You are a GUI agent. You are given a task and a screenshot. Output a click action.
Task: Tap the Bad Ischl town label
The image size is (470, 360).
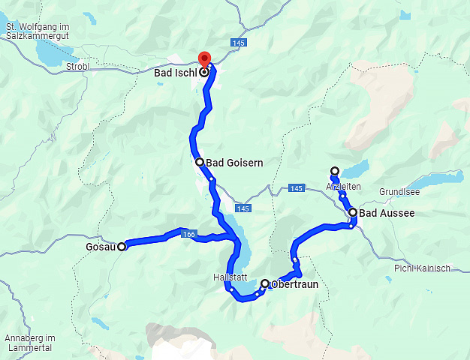click(175, 73)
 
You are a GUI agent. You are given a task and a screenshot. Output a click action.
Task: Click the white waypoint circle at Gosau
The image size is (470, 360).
click(122, 247)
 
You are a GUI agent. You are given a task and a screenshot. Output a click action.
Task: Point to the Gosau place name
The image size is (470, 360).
click(101, 247)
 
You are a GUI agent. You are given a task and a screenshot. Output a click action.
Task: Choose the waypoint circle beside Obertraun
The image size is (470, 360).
click(264, 283)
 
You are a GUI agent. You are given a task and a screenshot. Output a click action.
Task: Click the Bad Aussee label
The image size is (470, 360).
click(387, 214)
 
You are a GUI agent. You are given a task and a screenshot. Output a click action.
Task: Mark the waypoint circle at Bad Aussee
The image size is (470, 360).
click(353, 213)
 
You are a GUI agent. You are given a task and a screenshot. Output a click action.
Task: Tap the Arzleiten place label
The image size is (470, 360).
click(344, 186)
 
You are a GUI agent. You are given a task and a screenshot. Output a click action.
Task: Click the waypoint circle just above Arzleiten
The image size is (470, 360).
click(335, 171)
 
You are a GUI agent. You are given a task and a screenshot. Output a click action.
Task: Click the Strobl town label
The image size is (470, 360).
click(77, 67)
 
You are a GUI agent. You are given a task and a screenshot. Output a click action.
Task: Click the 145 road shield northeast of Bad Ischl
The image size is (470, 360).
click(239, 43)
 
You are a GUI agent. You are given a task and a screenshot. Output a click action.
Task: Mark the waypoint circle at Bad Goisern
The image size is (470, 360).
click(199, 162)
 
